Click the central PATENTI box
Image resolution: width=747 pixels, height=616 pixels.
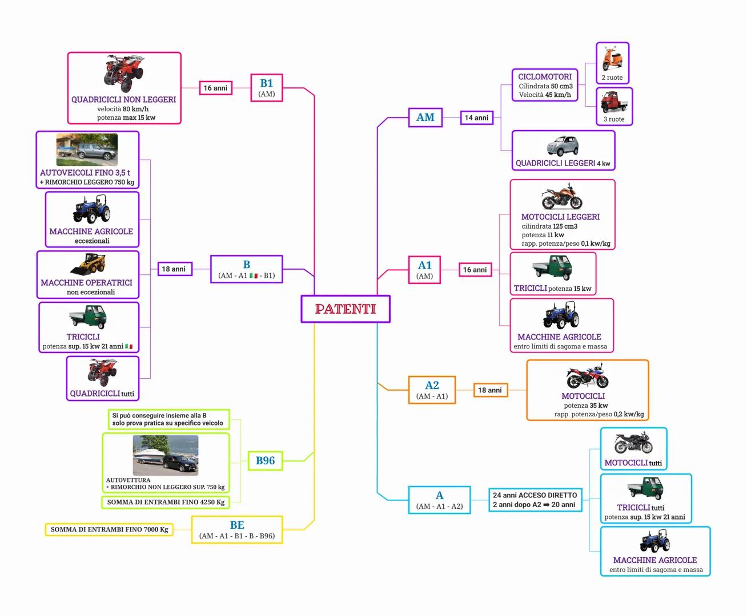[x=346, y=309]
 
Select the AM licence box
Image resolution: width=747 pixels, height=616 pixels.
[x=425, y=117]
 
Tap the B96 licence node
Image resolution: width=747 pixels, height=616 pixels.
[x=265, y=460]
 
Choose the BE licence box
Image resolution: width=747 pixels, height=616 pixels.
[x=237, y=529]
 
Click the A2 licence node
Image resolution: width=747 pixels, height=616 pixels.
[x=432, y=390]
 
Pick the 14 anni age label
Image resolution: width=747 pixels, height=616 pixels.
[x=476, y=118]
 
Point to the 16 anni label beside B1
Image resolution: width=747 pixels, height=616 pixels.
[x=215, y=88]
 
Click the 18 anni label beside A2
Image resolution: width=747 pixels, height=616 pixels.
[x=489, y=390]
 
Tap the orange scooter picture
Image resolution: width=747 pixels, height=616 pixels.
[x=613, y=59]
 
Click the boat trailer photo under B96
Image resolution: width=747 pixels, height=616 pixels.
[x=166, y=455]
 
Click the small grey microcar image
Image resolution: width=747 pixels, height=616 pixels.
[x=563, y=146]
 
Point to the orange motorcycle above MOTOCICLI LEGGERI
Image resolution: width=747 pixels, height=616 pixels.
[x=561, y=196]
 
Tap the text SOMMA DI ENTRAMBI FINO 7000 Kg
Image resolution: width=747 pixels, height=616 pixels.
[x=109, y=529]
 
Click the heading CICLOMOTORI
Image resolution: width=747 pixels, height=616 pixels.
[x=545, y=76]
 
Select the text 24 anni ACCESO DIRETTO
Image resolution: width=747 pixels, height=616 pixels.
[x=535, y=495]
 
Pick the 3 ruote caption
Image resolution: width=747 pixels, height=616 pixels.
[x=614, y=119]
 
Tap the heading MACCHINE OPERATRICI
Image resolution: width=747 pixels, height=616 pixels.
[x=86, y=282]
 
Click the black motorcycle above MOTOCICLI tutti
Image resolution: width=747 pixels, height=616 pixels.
[x=633, y=443]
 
